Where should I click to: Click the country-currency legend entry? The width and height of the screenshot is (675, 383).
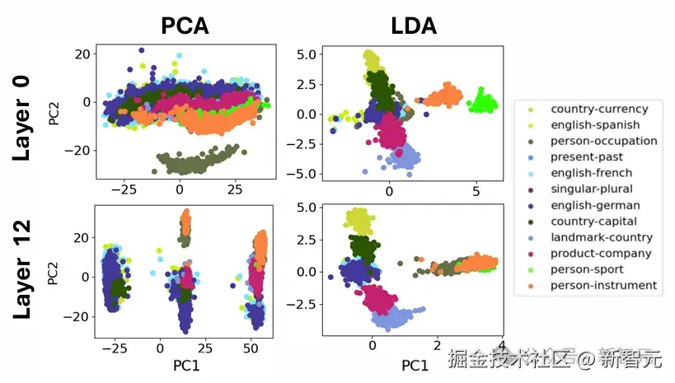click(599, 109)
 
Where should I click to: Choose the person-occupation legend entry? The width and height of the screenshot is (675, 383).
click(603, 141)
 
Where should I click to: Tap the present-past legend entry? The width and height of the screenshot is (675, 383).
click(587, 156)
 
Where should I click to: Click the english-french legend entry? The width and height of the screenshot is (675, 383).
click(592, 173)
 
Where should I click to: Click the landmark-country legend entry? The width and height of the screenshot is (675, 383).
click(602, 237)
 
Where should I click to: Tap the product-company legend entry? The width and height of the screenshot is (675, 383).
click(601, 253)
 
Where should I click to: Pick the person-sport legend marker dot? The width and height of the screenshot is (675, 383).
click(529, 269)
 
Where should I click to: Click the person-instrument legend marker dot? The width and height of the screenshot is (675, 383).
click(529, 285)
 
